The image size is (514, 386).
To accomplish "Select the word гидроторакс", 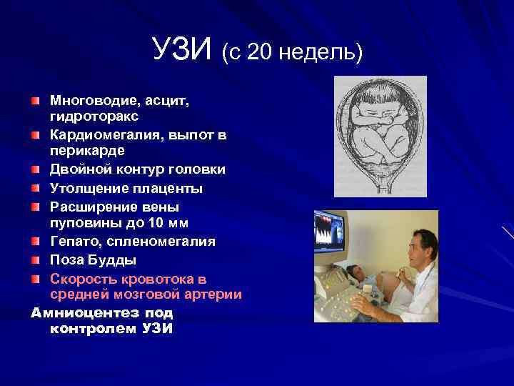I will click(x=94, y=115).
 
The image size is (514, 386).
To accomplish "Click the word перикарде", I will click(x=86, y=152).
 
